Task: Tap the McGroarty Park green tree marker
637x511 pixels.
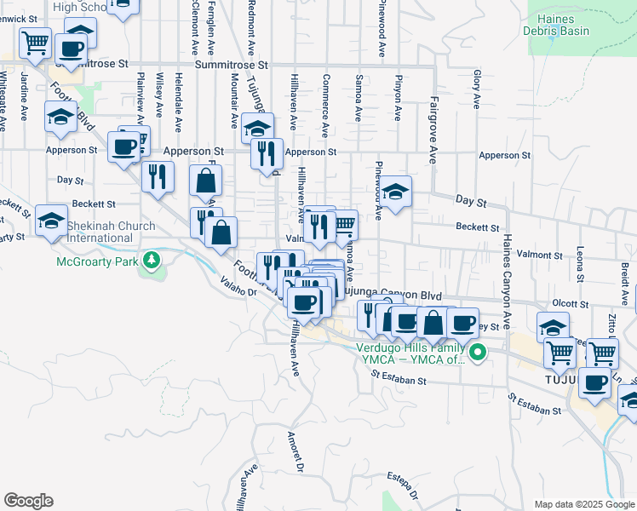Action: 152,259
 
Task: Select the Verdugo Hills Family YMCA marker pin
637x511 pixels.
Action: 478,351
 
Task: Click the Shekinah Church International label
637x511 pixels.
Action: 106,232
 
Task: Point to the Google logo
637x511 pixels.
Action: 28,501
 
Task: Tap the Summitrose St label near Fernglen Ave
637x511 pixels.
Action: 231,65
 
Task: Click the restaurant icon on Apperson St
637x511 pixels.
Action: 267,152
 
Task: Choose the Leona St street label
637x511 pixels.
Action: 579,265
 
